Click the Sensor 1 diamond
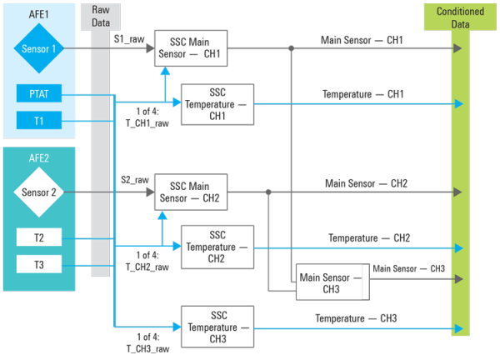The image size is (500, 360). pyautogui.click(x=39, y=48)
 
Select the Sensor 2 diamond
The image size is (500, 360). pyautogui.click(x=39, y=192)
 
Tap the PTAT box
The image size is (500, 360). pyautogui.click(x=39, y=94)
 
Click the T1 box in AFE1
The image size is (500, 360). pyautogui.click(x=39, y=121)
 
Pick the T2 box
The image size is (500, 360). pyautogui.click(x=39, y=237)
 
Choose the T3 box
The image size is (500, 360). pyautogui.click(x=39, y=264)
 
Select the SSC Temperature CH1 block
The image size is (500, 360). pyautogui.click(x=217, y=104)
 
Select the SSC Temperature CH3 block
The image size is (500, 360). pyautogui.click(x=217, y=327)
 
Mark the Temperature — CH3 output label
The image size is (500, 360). pyautogui.click(x=355, y=319)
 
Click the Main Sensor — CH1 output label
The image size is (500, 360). pyautogui.click(x=362, y=40)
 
